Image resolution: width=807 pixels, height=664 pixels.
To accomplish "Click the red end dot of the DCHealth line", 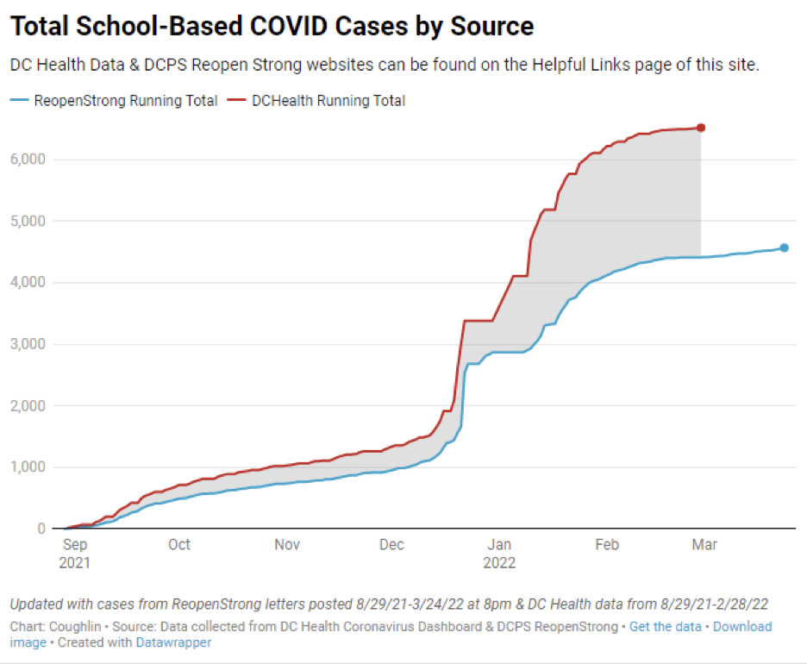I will pos(701,128).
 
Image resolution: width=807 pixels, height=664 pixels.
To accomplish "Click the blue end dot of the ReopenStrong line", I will pos(784,247).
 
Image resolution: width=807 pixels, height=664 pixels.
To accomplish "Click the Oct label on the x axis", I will pos(179,545).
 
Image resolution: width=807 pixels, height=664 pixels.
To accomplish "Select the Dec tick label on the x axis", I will pos(392,545).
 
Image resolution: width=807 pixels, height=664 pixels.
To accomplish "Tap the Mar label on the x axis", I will pos(705,545).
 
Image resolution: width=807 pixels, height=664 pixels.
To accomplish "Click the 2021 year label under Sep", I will pos(75,563).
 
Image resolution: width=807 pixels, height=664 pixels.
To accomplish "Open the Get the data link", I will pos(665,627).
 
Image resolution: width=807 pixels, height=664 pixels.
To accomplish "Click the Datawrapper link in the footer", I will pos(173,642).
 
